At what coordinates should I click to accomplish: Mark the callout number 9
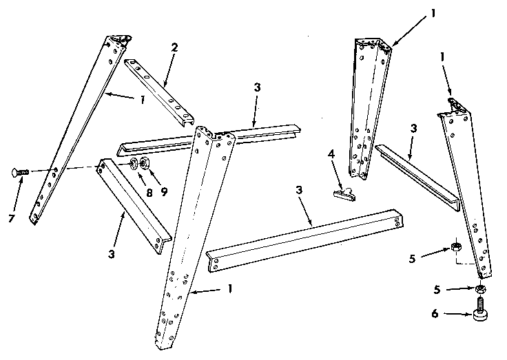point(163,192)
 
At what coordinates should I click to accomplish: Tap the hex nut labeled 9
point(145,164)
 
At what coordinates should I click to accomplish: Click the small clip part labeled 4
point(344,193)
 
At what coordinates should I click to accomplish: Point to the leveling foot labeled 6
point(479,310)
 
